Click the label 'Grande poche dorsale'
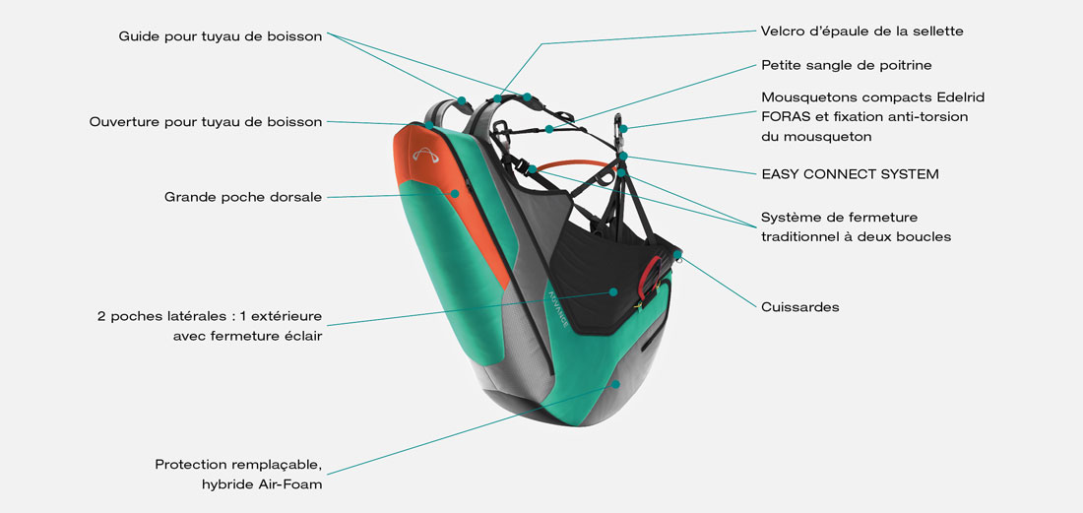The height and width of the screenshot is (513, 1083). coord(242,197)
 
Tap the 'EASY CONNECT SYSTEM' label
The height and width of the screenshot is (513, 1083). coord(850,174)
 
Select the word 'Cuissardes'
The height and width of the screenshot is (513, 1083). coord(799,307)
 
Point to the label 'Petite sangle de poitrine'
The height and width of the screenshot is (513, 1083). coord(846,66)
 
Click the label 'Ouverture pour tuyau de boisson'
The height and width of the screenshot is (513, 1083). coord(205,122)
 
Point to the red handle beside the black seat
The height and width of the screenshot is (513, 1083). coord(647,282)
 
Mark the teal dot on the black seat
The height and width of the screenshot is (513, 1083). coord(612,291)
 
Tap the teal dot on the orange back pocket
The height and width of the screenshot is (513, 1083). coord(454,193)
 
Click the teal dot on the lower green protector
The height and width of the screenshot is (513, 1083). coord(615,383)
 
